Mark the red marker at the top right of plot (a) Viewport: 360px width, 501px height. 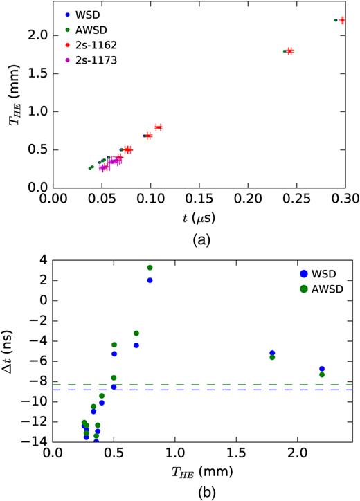(x=342, y=21)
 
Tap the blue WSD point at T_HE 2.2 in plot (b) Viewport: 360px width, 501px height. (x=322, y=369)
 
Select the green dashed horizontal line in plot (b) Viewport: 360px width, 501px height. (x=208, y=384)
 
